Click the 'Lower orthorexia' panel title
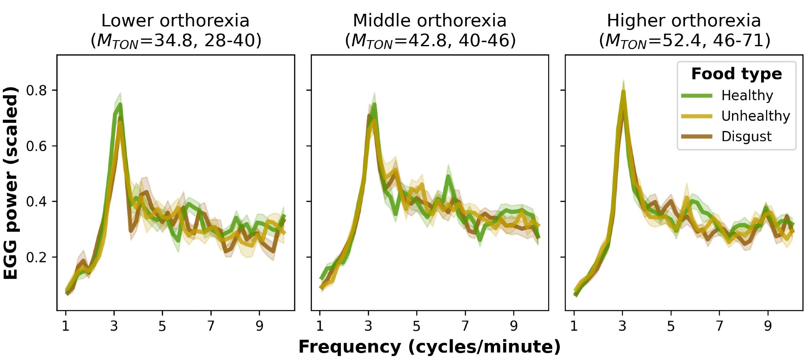coord(175,21)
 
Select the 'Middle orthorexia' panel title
coord(429,21)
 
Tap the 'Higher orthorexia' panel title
coord(684,21)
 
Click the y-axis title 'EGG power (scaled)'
coord(11,183)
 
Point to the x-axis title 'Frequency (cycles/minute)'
coord(429,347)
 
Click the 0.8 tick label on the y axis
coord(36,90)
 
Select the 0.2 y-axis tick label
coord(36,257)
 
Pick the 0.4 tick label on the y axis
coord(36,202)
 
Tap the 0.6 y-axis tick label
coord(36,146)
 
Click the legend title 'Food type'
coord(736,74)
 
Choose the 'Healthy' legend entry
coord(747,96)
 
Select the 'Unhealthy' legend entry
coord(755,116)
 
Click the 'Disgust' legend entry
coord(746,137)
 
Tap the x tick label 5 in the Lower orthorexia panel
coord(162,326)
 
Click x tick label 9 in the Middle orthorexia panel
coord(514,326)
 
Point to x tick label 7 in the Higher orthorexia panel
coord(719,326)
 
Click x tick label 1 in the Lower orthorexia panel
coord(65,326)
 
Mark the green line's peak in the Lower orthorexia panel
coord(120,104)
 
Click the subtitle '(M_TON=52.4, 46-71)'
coord(684,41)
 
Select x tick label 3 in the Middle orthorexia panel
coord(368,326)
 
